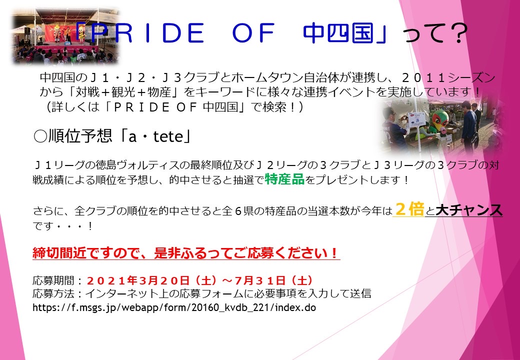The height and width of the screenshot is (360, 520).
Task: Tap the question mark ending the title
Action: coord(452,35)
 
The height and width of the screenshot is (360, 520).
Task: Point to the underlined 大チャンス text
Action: coord(468,211)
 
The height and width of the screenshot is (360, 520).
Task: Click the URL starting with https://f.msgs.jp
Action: coord(174,307)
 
